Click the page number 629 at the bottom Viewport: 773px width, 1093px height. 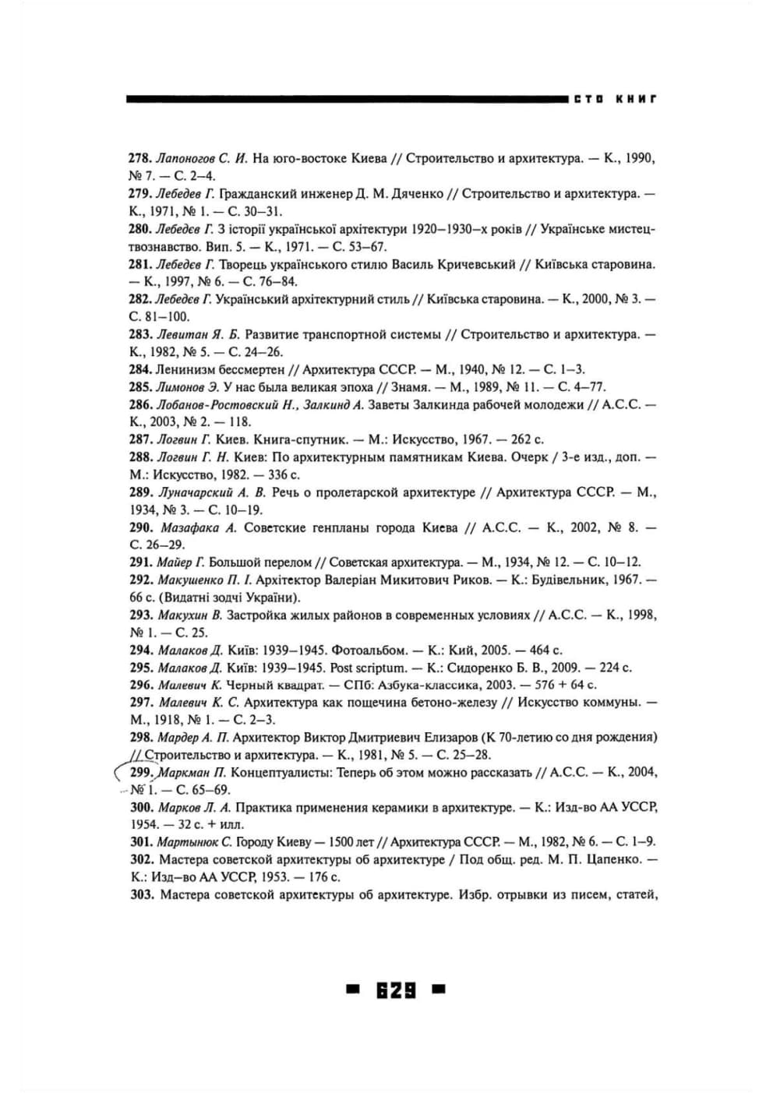pyautogui.click(x=395, y=990)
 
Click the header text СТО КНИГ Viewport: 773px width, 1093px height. pyautogui.click(x=615, y=99)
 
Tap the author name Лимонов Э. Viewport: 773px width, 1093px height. pyautogui.click(x=187, y=386)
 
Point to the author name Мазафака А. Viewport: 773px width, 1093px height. pyautogui.click(x=196, y=527)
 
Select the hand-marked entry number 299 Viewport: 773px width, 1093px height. pyautogui.click(x=141, y=772)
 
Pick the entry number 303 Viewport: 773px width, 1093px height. pyautogui.click(x=141, y=894)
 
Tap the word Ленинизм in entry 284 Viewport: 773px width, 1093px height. pyautogui.click(x=184, y=369)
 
